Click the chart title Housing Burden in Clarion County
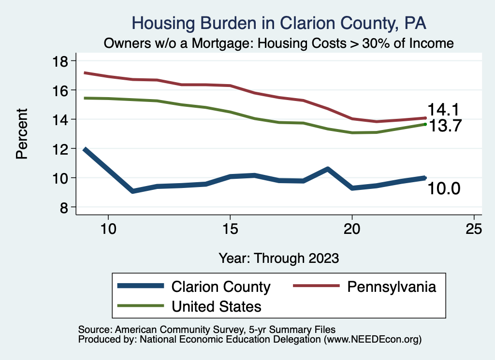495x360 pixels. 279,23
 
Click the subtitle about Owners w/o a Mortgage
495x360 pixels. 279,43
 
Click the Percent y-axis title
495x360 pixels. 22,134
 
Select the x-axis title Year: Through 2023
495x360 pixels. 279,258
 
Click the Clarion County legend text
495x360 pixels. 221,287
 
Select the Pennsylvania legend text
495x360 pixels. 391,287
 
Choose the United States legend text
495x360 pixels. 217,306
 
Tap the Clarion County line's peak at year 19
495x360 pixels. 328,169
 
